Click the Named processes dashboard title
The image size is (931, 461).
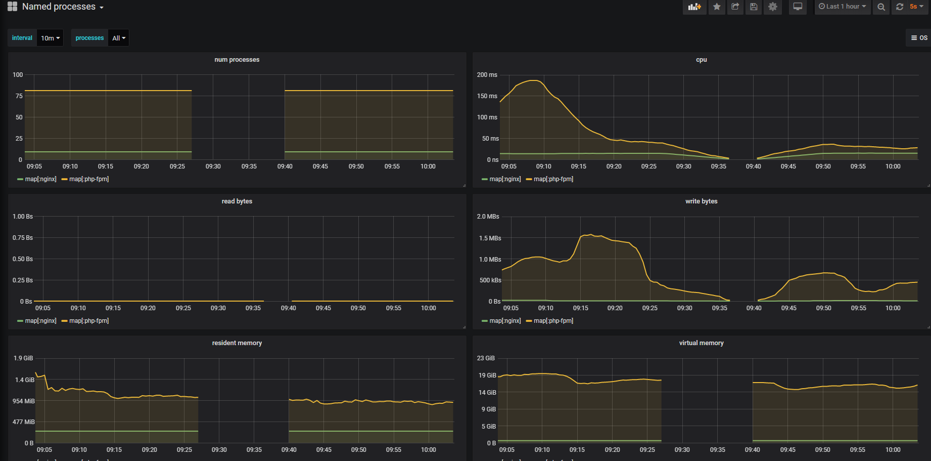[x=59, y=7]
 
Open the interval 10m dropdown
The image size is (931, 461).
[x=50, y=38]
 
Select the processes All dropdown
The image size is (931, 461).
[x=119, y=38]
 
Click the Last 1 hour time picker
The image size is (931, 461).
[x=842, y=7]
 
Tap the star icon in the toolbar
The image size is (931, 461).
[x=717, y=7]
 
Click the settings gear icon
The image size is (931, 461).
[x=773, y=7]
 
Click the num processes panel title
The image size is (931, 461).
[x=237, y=60]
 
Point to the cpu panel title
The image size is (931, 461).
[x=701, y=60]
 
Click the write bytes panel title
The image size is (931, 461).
[x=701, y=201]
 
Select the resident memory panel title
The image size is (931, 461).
[x=237, y=343]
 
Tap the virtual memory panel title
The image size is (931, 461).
[x=701, y=343]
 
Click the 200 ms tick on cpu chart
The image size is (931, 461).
[x=487, y=75]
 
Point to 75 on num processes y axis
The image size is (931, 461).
[x=19, y=96]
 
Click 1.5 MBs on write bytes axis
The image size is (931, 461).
[x=490, y=238]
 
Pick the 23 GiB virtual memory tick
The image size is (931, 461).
[x=486, y=358]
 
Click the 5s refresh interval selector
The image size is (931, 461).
[x=916, y=7]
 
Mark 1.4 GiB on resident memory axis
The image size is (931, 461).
[x=24, y=380]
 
